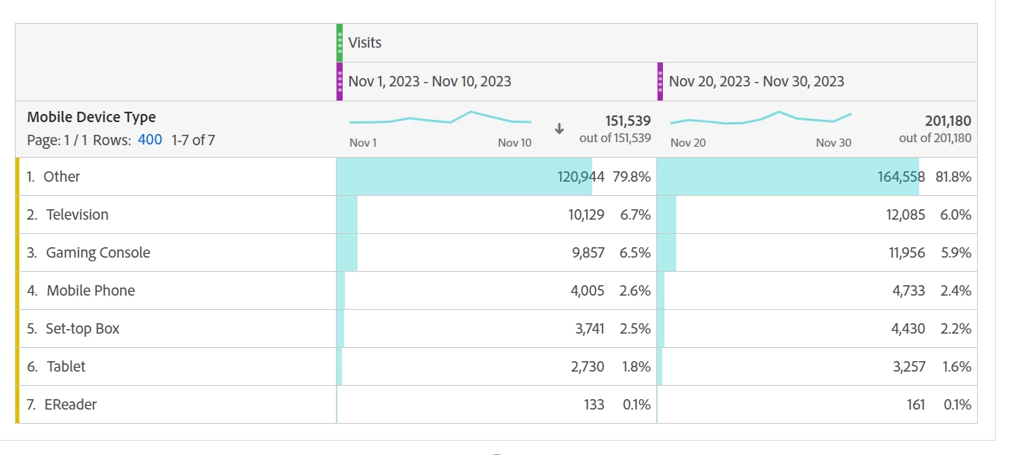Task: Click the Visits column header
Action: point(365,42)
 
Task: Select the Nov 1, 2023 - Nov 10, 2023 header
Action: point(430,81)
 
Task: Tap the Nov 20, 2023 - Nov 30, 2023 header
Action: point(756,81)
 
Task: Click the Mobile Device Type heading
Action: point(92,117)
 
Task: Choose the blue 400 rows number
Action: point(150,139)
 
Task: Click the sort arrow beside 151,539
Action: point(559,128)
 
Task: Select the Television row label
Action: point(77,214)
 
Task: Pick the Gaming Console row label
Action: point(98,252)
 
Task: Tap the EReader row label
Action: point(71,404)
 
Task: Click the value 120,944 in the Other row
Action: point(580,176)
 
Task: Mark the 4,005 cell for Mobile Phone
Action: point(587,290)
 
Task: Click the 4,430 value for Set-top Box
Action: point(908,328)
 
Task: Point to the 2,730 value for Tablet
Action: point(588,366)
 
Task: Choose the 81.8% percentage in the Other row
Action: point(953,176)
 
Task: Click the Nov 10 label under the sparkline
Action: point(515,142)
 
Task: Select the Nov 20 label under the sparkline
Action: point(687,142)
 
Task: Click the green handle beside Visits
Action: point(340,42)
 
